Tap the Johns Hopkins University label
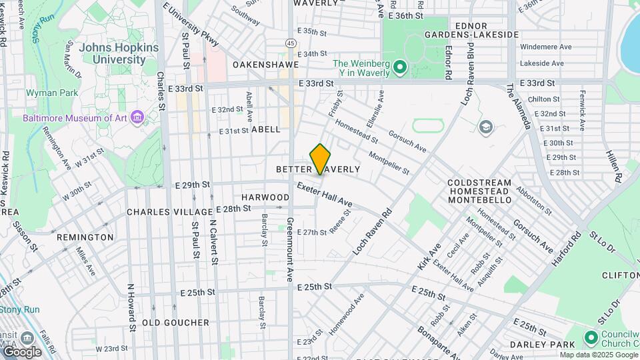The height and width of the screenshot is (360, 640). pyautogui.click(x=119, y=53)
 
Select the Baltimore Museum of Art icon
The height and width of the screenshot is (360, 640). pyautogui.click(x=137, y=118)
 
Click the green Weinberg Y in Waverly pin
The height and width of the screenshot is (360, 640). pyautogui.click(x=399, y=67)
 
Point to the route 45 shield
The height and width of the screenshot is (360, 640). pyautogui.click(x=291, y=43)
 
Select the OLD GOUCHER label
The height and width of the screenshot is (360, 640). pyautogui.click(x=175, y=323)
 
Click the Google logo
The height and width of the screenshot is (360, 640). pyautogui.click(x=21, y=351)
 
